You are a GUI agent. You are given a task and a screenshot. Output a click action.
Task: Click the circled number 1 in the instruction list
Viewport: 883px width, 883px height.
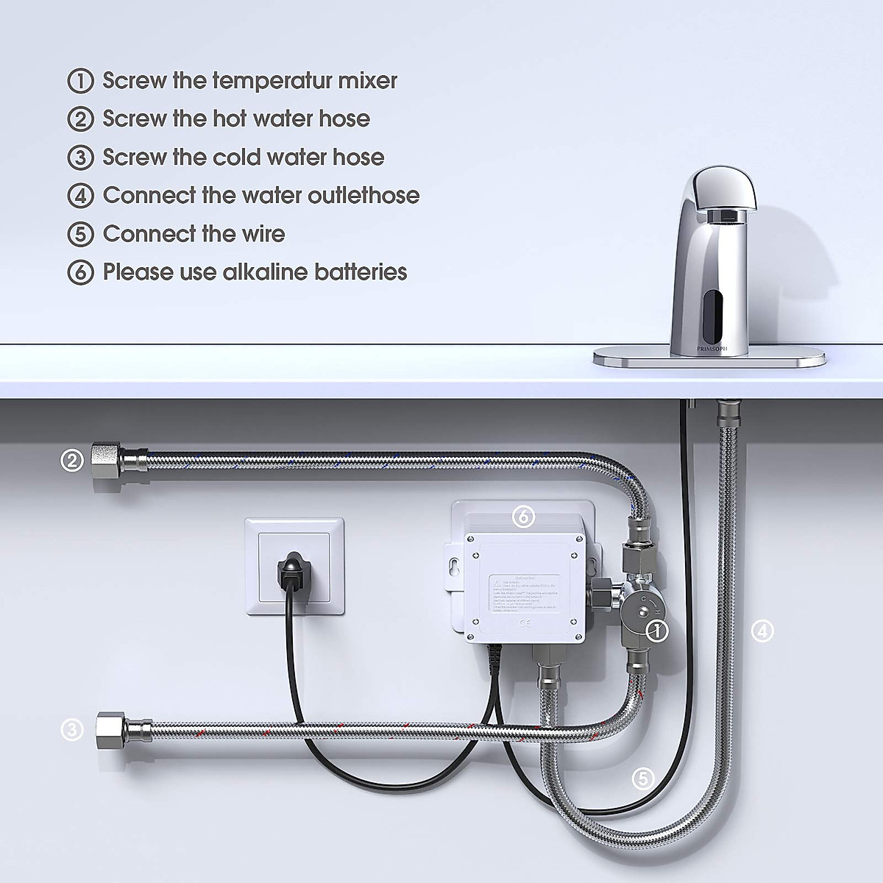click(x=80, y=81)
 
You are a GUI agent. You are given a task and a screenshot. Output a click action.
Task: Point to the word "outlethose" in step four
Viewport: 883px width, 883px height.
click(x=360, y=195)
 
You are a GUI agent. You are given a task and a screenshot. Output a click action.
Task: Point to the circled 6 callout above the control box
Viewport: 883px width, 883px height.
click(x=523, y=517)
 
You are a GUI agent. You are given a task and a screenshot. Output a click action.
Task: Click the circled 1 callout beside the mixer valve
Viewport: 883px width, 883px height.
click(x=656, y=629)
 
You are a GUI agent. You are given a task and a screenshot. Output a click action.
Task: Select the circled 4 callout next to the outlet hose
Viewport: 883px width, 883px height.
click(x=763, y=630)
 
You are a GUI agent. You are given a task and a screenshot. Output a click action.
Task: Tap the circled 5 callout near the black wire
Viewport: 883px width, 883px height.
click(x=642, y=778)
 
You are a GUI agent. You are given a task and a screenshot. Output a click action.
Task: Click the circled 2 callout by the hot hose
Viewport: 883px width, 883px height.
click(x=71, y=461)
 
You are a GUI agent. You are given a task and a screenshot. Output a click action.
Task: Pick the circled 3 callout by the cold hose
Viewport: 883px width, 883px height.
click(x=71, y=729)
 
